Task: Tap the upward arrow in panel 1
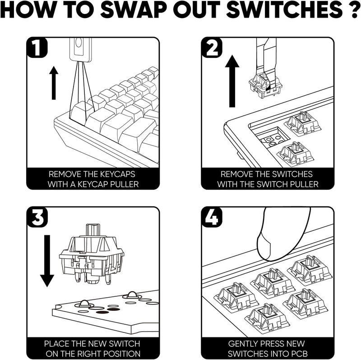point(54,83)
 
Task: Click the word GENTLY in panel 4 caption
point(246,343)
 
